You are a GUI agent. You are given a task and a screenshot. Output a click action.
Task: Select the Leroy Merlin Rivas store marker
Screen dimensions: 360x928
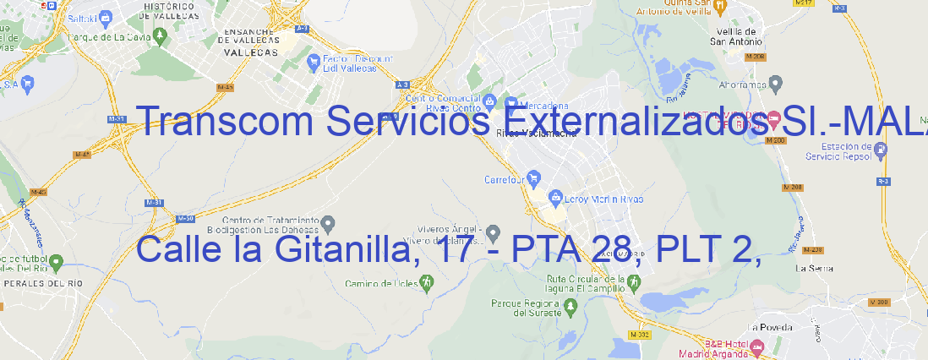tap(554, 199)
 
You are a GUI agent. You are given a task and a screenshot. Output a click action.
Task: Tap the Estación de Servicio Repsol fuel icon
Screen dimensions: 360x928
tap(881, 150)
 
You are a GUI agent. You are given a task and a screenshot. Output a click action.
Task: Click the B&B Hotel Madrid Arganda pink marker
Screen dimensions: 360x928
tap(756, 346)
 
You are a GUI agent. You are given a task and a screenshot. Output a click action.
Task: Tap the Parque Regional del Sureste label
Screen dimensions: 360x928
tap(527, 308)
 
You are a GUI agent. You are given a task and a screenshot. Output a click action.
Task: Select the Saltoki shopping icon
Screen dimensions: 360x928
tap(105, 16)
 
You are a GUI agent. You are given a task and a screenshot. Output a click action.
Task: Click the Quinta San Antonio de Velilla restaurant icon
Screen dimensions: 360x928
tap(720, 7)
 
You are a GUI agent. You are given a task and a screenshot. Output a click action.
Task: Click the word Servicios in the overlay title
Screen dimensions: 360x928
tap(407, 123)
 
